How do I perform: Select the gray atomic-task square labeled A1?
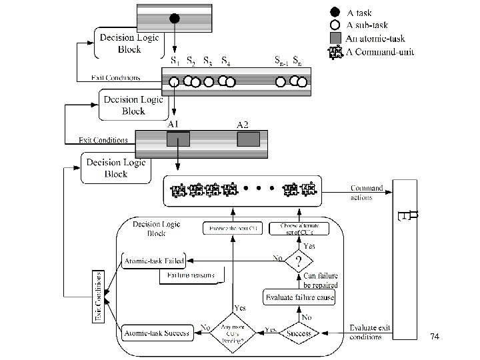(178, 139)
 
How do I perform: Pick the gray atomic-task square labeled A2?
(248, 139)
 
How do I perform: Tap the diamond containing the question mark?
(300, 259)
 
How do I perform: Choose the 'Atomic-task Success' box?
(157, 331)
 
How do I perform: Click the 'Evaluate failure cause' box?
(299, 297)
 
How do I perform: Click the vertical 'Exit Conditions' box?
(98, 296)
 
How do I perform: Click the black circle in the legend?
(336, 11)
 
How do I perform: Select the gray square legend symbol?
(336, 38)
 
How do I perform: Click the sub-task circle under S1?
(173, 82)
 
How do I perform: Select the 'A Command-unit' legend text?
(379, 52)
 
